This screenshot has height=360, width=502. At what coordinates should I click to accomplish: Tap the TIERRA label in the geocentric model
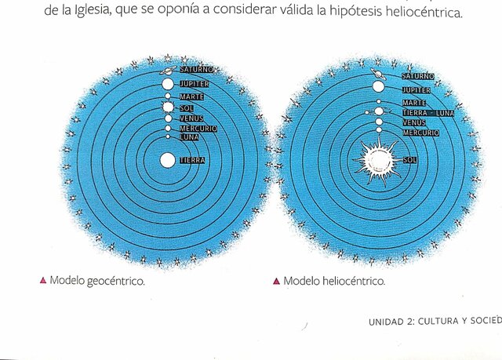click(x=192, y=160)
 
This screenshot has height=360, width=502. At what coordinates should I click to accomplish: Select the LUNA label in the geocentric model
click(x=190, y=137)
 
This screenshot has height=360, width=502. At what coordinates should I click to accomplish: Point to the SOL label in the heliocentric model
click(x=409, y=160)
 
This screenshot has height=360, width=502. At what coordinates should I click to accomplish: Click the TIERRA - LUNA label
click(x=427, y=113)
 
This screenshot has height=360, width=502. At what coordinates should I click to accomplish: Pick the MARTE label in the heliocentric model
click(x=414, y=103)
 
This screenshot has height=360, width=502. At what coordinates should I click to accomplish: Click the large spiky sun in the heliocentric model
click(x=377, y=159)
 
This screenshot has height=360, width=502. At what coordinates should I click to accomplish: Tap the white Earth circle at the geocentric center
click(x=167, y=160)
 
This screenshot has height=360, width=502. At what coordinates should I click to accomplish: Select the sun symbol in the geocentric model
click(x=167, y=107)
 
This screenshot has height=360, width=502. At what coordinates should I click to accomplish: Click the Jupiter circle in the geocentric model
click(x=167, y=83)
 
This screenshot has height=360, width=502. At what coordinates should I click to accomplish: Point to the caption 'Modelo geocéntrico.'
click(x=97, y=281)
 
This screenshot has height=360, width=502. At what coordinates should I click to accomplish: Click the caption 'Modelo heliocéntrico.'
click(x=334, y=281)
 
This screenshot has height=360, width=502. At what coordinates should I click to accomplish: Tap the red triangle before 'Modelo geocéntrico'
click(x=42, y=281)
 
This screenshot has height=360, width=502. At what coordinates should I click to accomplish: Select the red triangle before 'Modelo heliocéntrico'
click(x=276, y=281)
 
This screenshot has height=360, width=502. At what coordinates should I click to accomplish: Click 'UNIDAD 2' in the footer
click(x=391, y=322)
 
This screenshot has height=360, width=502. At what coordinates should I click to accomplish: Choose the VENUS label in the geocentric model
click(x=191, y=118)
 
